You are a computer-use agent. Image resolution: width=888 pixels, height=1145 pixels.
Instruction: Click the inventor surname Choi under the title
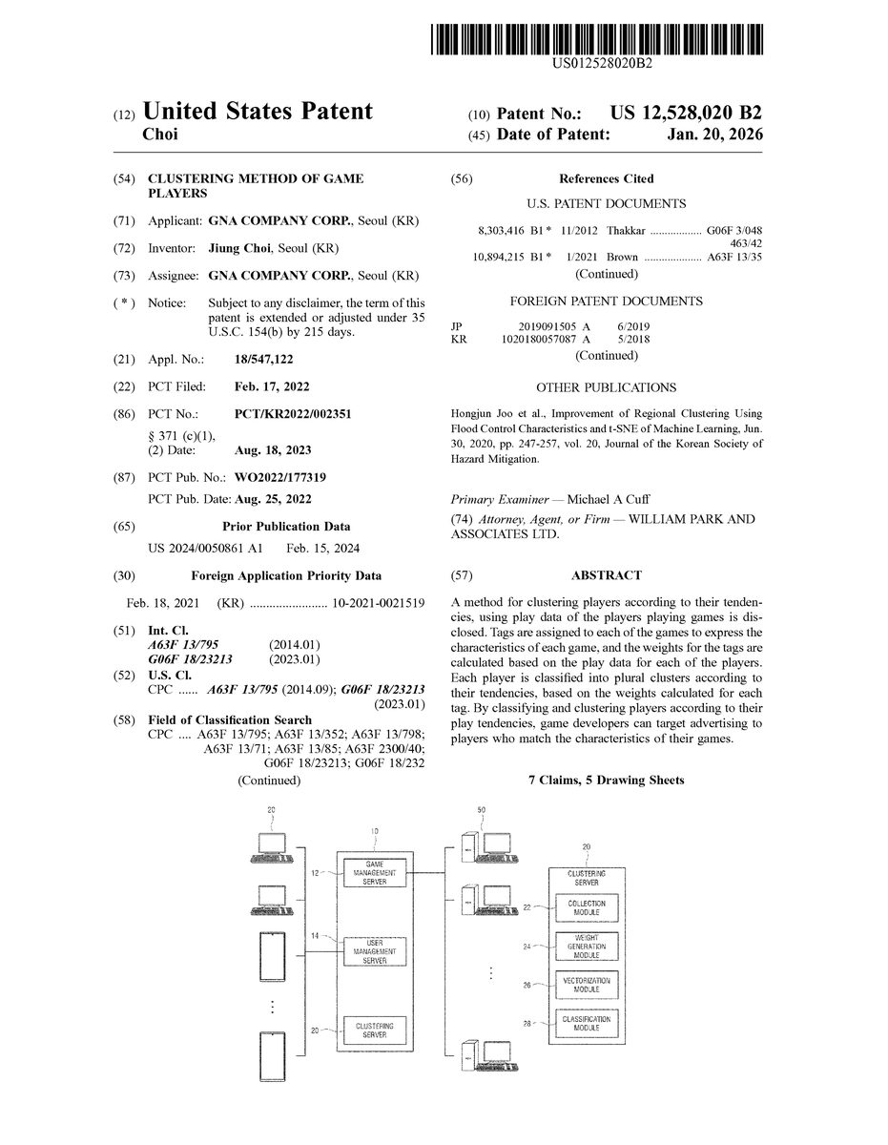159,135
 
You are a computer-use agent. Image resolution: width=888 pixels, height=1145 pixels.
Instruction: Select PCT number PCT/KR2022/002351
294,415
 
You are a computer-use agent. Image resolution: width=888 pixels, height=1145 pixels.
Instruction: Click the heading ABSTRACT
606,575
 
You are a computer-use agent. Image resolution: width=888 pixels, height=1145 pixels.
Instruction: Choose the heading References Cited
606,178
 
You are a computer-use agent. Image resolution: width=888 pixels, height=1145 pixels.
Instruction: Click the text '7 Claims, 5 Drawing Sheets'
606,780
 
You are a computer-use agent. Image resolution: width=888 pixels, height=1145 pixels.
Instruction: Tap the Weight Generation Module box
587,947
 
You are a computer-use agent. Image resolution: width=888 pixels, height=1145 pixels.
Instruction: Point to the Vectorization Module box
587,985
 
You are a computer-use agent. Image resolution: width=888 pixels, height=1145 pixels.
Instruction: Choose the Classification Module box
587,1024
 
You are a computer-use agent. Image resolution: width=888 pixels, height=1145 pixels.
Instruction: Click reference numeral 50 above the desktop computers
481,810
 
